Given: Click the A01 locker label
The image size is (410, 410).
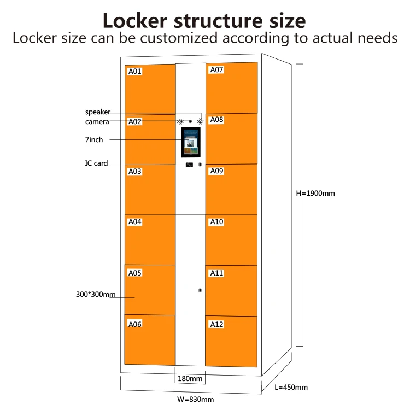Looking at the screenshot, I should pyautogui.click(x=134, y=71).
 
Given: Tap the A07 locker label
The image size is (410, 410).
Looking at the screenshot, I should pyautogui.click(x=217, y=70).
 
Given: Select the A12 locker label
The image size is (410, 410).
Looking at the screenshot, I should pyautogui.click(x=217, y=324).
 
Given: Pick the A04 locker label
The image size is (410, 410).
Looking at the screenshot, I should pyautogui.click(x=134, y=222).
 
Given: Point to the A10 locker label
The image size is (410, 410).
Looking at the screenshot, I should pyautogui.click(x=217, y=222).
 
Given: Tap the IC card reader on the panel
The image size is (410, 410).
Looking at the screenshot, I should pyautogui.click(x=189, y=165).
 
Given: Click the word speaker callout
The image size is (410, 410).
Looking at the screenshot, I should pyautogui.click(x=97, y=112).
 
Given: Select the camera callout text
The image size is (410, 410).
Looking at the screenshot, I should pyautogui.click(x=97, y=121).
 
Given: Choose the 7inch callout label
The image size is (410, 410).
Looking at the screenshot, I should pyautogui.click(x=93, y=140).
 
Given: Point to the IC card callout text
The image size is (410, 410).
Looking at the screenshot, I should pyautogui.click(x=96, y=163).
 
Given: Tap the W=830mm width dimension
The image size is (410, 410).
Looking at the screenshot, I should pyautogui.click(x=195, y=399).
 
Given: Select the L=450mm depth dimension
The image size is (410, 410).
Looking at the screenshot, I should pyautogui.click(x=291, y=388).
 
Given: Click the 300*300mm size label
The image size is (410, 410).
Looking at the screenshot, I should pyautogui.click(x=96, y=295).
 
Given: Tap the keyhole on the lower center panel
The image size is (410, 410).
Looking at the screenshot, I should pyautogui.click(x=200, y=290).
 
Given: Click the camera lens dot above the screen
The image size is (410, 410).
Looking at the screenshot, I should pyautogui.click(x=190, y=121).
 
